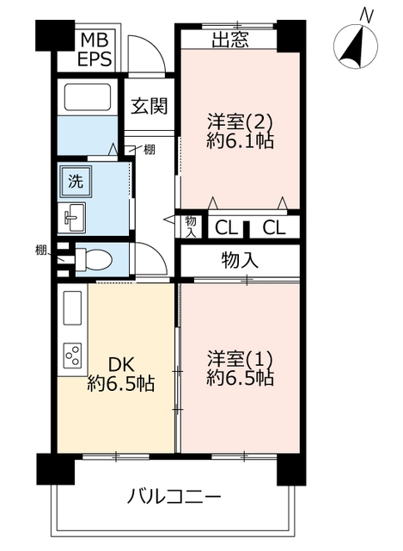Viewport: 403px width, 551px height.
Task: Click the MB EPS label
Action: tap(95, 49)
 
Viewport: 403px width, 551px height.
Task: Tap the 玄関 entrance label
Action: tap(150, 105)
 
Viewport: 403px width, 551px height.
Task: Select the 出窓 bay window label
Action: tap(230, 40)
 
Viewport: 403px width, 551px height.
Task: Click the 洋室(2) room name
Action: tap(240, 121)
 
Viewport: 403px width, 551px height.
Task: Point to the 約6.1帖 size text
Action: tap(240, 141)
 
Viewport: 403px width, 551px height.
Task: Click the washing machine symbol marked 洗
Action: tap(76, 182)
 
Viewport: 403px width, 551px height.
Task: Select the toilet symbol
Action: tap(94, 260)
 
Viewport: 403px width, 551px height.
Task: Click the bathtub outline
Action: tap(88, 97)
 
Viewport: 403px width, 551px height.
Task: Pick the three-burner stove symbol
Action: tap(72, 355)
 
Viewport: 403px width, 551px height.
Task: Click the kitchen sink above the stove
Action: tap(72, 308)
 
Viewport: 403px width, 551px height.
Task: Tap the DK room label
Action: tap(121, 364)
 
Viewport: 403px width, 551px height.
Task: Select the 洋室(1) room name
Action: tap(240, 359)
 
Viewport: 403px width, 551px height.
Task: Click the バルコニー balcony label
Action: tap(174, 497)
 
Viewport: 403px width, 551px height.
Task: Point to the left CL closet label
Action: tap(226, 228)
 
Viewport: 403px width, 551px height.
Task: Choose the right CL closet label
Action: tap(274, 228)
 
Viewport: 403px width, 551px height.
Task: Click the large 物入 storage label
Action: tap(240, 260)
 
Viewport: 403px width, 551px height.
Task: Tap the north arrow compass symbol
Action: tap(356, 46)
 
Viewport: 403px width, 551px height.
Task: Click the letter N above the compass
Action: tap(367, 15)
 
